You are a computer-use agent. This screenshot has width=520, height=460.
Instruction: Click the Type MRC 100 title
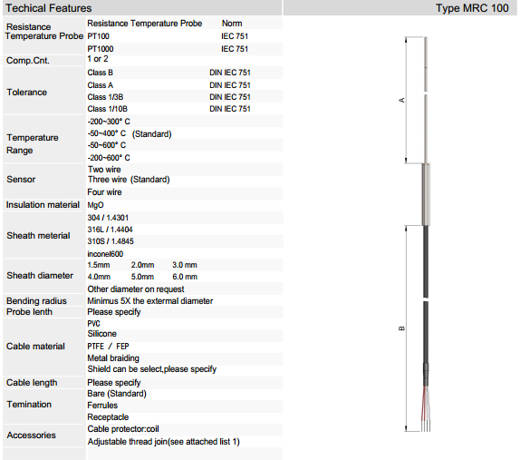[472, 8]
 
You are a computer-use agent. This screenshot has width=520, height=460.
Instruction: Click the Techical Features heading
[48, 8]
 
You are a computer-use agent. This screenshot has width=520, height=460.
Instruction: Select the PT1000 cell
[101, 49]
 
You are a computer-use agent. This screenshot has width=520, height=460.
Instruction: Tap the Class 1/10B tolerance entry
[108, 109]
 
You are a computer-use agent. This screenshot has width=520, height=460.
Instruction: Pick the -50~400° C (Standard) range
[130, 134]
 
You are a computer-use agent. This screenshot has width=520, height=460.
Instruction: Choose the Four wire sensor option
[104, 192]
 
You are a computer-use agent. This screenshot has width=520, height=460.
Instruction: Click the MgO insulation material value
[95, 205]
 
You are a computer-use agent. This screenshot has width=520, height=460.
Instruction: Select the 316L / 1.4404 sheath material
[111, 230]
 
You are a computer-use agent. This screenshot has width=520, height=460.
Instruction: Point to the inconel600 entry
[105, 254]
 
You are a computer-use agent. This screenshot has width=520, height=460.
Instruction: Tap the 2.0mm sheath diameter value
[142, 265]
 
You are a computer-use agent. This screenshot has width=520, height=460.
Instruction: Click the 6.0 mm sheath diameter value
[185, 277]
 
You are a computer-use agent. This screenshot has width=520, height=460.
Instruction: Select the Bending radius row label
[36, 301]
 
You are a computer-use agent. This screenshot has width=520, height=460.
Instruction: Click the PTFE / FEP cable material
[108, 347]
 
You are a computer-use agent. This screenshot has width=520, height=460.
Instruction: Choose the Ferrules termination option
[102, 406]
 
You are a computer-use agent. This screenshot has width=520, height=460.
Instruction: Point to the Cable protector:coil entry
[123, 429]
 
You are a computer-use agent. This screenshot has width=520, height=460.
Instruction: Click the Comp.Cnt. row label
[28, 61]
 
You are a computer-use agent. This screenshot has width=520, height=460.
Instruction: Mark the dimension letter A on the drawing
[401, 100]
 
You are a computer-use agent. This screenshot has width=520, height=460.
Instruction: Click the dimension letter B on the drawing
[401, 328]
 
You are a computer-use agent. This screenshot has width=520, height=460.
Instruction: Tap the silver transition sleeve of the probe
[426, 194]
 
